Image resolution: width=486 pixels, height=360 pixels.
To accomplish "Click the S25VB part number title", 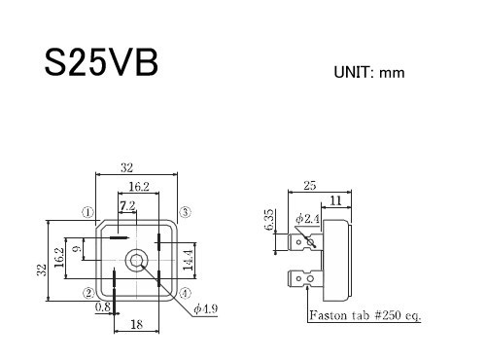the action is (x=101, y=62).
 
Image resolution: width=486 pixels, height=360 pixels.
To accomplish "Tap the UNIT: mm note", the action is (x=369, y=72).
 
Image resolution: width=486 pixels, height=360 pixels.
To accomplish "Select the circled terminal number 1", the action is (x=87, y=212).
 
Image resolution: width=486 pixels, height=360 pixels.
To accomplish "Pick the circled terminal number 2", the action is (x=88, y=293).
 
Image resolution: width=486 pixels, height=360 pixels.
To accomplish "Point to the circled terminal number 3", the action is (x=185, y=212).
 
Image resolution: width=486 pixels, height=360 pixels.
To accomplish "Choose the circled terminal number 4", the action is (x=185, y=293).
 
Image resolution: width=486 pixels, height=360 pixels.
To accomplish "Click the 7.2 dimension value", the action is (x=127, y=206).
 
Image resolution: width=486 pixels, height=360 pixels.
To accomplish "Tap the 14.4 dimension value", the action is (x=188, y=260).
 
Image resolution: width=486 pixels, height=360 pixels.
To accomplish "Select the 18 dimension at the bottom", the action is (x=136, y=324).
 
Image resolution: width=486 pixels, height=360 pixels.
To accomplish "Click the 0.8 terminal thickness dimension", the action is (x=103, y=306).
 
